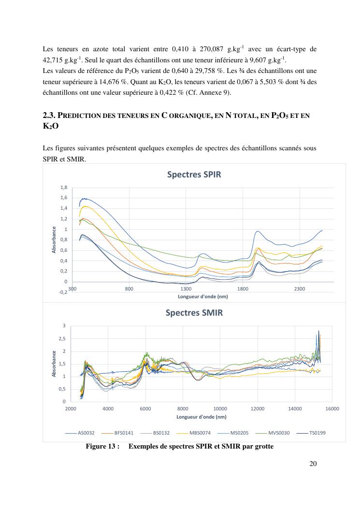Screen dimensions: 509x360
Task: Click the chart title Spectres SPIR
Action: (x=194, y=175)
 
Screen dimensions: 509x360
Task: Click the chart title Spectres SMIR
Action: (x=194, y=312)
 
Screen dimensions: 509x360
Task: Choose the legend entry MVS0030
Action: (x=279, y=433)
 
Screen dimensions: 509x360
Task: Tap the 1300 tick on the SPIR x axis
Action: (x=186, y=289)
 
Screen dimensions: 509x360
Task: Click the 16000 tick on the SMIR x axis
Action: (x=332, y=408)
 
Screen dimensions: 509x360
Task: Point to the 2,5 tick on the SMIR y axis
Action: (x=62, y=338)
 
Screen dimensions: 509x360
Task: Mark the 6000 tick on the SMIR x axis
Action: (x=145, y=408)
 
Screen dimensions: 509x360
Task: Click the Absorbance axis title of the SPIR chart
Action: (x=54, y=240)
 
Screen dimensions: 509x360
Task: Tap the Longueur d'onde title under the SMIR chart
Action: (x=201, y=416)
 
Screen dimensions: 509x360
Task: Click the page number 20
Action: (x=313, y=464)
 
